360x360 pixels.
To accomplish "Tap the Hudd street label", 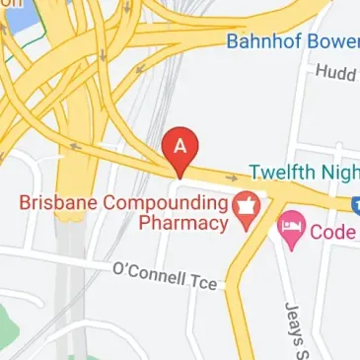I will [335, 72].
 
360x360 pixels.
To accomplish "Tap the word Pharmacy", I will [181, 224].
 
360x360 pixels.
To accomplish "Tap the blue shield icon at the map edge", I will [355, 204].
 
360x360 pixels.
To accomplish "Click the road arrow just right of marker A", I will [231, 179].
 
